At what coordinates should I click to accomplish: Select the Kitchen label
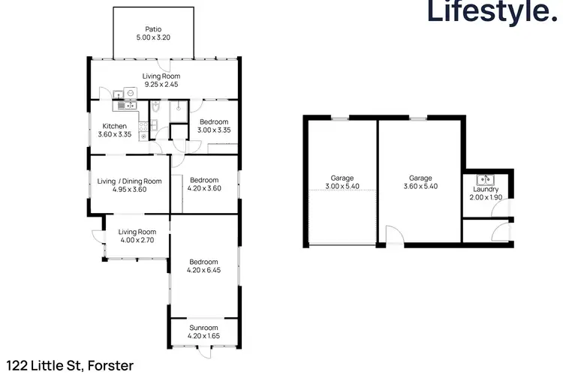[x=114, y=126]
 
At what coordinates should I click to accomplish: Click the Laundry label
[x=486, y=189]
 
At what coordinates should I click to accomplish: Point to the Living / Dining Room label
[x=129, y=181]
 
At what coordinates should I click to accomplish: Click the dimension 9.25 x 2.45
[x=162, y=85]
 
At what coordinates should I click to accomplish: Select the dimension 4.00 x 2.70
[x=136, y=241]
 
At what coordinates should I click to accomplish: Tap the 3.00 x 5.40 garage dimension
[x=341, y=186]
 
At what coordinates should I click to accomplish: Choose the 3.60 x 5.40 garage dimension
[x=420, y=186]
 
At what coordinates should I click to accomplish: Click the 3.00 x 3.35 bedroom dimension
[x=213, y=130]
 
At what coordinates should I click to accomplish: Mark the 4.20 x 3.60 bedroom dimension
[x=203, y=189]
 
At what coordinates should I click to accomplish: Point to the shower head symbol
[x=177, y=108]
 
